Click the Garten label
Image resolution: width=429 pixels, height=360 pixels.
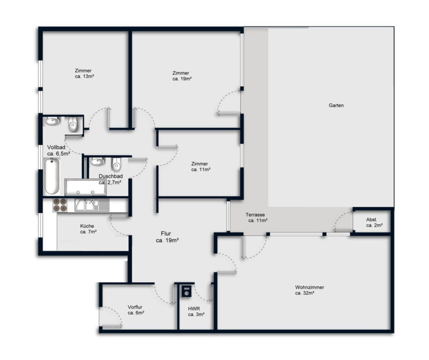point(336,105)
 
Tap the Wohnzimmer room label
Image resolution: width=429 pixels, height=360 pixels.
point(309,290)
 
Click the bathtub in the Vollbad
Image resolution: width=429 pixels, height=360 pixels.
point(52,176)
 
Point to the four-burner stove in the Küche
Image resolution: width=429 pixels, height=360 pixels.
point(60,205)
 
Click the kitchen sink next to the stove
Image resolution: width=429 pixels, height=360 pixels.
point(92,205)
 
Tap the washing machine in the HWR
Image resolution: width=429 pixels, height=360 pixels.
point(187,291)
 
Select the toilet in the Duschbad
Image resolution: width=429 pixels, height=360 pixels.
point(116,164)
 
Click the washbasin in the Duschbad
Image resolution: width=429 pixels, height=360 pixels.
point(97,161)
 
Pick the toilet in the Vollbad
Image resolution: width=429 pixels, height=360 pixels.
point(73,124)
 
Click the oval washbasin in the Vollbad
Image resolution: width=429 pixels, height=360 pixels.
point(53,121)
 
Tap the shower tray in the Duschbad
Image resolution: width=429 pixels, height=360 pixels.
point(85,187)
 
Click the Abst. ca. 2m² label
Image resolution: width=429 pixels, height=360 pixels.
point(374,222)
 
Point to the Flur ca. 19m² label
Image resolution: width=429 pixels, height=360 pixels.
point(167,237)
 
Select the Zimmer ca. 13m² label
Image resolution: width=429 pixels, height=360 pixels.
point(84,73)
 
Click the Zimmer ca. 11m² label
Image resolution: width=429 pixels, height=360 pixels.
point(201,167)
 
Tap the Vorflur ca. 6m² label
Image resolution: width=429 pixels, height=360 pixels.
point(136,310)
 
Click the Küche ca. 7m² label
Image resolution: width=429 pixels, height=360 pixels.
point(88,229)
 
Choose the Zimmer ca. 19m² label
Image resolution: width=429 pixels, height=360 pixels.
point(182,76)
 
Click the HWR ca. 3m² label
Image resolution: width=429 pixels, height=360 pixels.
point(196,311)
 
